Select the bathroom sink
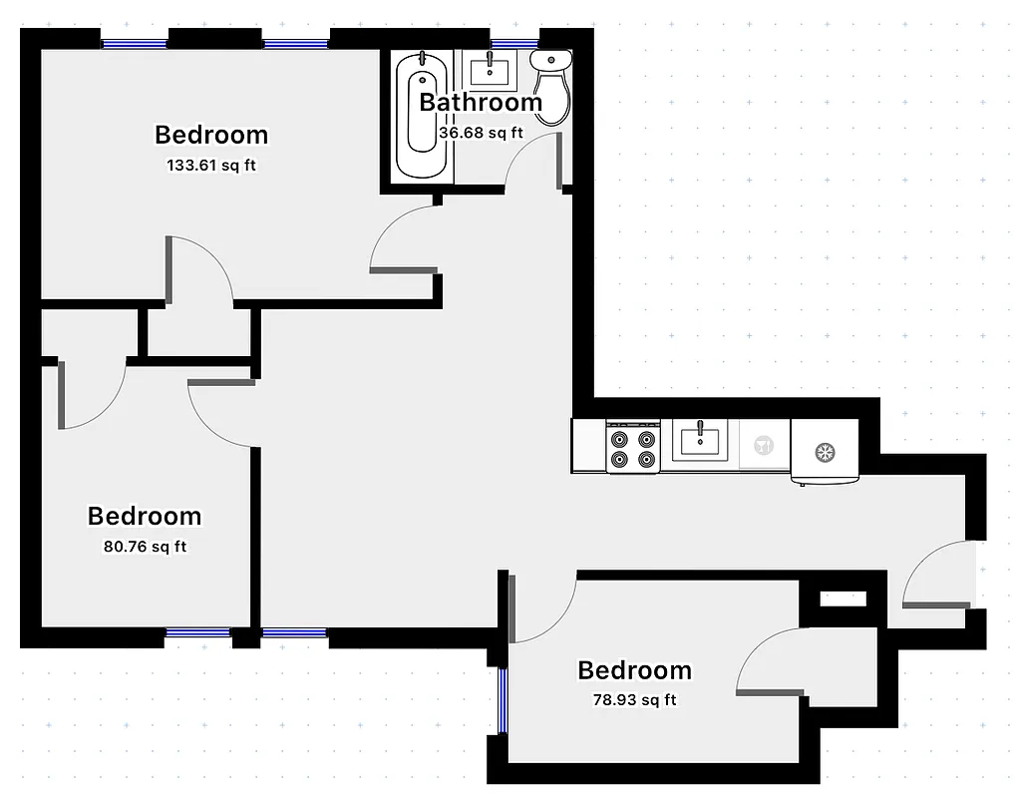490,71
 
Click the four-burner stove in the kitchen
635,447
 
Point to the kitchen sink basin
702,440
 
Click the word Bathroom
481,102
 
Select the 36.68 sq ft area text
481,132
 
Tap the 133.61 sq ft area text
211,166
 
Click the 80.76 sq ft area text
145,547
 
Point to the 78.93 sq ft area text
634,700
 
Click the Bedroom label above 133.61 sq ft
211,135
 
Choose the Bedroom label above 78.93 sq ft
634,670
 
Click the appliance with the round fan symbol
825,451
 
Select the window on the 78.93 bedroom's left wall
503,699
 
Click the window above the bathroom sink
513,44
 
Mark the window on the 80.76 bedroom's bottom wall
196,632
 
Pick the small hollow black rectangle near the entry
843,599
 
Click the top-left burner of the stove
620,438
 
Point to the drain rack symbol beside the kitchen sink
765,445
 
